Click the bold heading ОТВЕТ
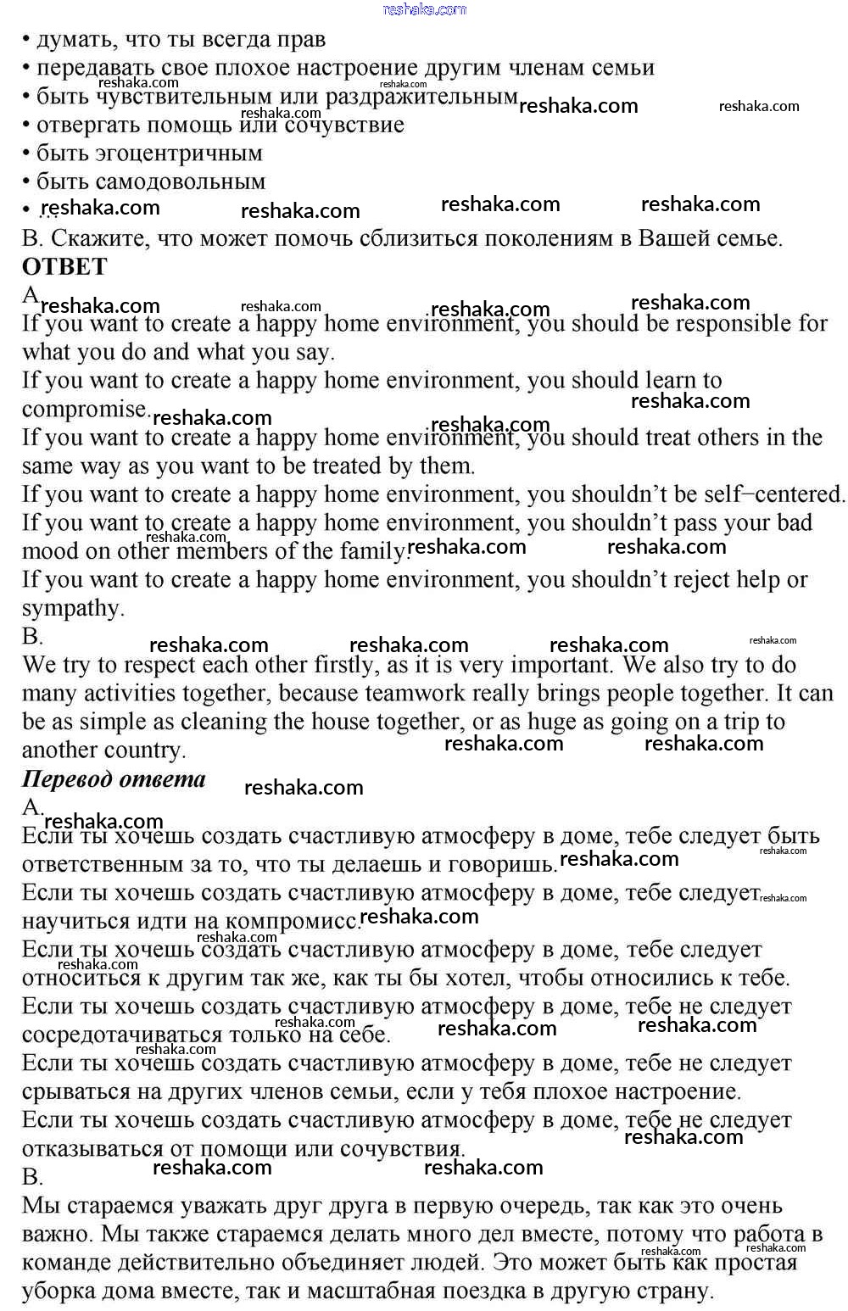[64, 266]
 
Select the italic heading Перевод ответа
[114, 779]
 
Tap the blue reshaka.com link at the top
[424, 9]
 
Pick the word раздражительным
[421, 97]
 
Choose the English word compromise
[84, 410]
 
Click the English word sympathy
[72, 609]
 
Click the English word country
[142, 750]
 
